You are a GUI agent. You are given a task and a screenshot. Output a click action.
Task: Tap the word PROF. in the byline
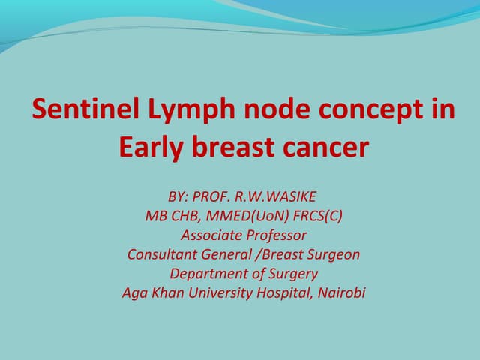click(x=212, y=197)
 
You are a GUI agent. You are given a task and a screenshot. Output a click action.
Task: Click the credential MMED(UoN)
click(x=244, y=217)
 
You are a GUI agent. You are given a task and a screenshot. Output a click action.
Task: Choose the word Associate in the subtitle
click(x=208, y=235)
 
